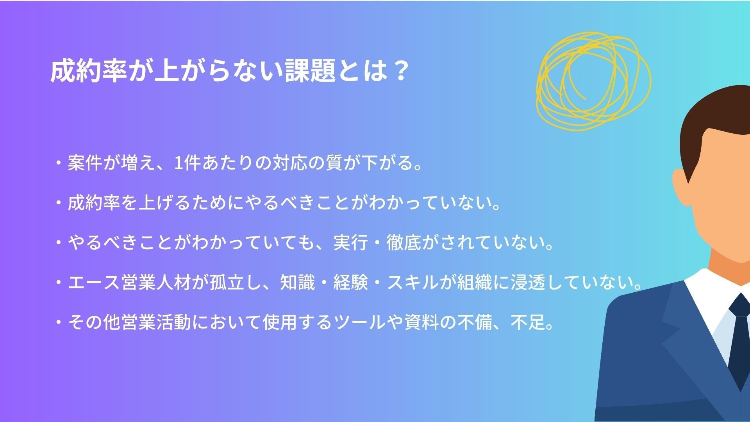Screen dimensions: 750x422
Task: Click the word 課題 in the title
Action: pos(311,71)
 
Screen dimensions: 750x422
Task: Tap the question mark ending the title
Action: pos(399,71)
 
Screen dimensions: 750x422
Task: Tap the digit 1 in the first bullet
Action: pos(178,163)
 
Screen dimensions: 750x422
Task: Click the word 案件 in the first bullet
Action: pos(85,163)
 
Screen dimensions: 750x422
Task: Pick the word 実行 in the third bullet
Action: pos(351,242)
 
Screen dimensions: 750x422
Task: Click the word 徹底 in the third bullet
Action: pos(404,242)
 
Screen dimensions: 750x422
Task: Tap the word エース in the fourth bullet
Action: pos(94,283)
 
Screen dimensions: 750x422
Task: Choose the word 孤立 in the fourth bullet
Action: pos(227,283)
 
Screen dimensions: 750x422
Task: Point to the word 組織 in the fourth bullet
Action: pos(475,283)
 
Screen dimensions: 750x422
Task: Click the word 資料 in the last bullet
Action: pos(421,322)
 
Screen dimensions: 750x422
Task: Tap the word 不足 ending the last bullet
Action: pos(528,322)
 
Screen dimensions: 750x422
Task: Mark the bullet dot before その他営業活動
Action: pos(59,322)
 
